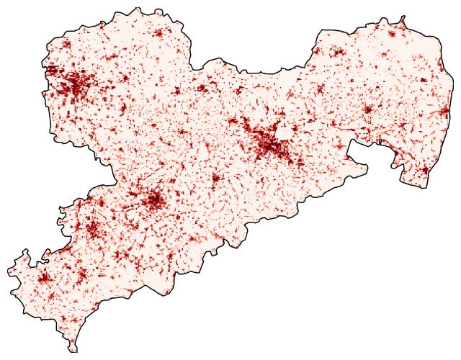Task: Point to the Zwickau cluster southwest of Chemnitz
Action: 91,229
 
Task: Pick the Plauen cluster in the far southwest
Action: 43,279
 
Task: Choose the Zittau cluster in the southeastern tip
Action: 424,171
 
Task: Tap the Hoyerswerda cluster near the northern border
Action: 336,53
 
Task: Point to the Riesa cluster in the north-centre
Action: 202,89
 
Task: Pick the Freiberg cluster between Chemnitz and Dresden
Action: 215,178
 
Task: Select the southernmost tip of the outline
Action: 74,351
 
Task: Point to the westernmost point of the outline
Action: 9,271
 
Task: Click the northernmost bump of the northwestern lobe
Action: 134,9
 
